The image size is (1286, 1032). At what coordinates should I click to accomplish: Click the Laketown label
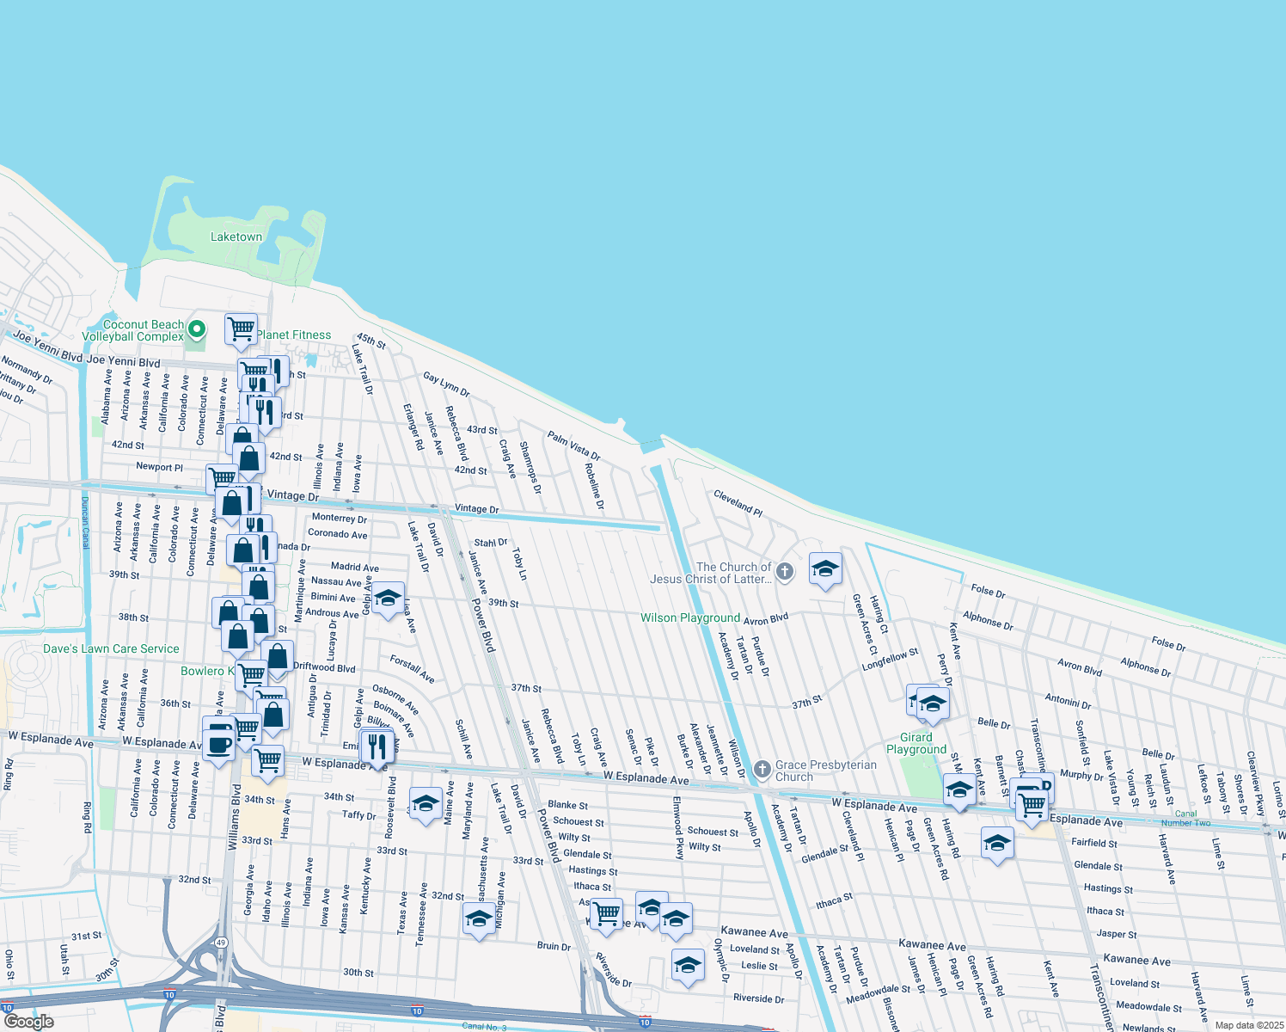pyautogui.click(x=236, y=236)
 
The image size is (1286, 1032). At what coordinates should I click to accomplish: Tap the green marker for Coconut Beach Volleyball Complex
pyautogui.click(x=197, y=329)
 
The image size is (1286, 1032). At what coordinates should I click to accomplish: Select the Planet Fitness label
pyautogui.click(x=293, y=335)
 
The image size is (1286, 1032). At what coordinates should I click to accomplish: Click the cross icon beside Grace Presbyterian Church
pyautogui.click(x=762, y=769)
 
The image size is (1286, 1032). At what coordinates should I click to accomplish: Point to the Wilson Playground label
pyautogui.click(x=689, y=617)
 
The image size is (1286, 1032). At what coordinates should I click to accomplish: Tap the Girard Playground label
pyautogui.click(x=916, y=743)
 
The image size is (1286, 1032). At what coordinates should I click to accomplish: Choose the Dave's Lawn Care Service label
pyautogui.click(x=111, y=648)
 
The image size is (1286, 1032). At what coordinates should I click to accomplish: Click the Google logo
pyautogui.click(x=28, y=1022)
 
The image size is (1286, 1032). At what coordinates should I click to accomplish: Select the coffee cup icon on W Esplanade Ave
pyautogui.click(x=218, y=744)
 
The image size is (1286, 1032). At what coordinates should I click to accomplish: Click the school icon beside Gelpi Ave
pyautogui.click(x=388, y=598)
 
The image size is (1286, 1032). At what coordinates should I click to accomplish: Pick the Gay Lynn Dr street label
pyautogui.click(x=446, y=384)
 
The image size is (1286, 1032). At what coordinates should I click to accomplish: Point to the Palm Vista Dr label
pyautogui.click(x=573, y=445)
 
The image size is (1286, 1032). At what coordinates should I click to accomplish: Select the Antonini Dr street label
pyautogui.click(x=1068, y=701)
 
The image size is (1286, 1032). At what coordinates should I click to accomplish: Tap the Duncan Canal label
pyautogui.click(x=85, y=522)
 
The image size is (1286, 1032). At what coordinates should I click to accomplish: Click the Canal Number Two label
pyautogui.click(x=1185, y=818)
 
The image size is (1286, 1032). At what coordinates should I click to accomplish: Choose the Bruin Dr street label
pyautogui.click(x=554, y=946)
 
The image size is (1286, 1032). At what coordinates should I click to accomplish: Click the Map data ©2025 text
pyautogui.click(x=1249, y=1025)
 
